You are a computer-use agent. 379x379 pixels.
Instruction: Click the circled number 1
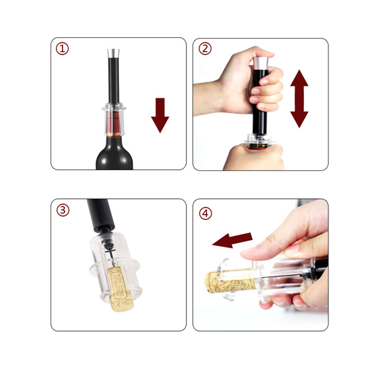[x=63, y=49]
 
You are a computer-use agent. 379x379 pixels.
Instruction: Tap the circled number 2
[x=205, y=49]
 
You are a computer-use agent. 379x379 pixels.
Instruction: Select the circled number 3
[x=63, y=210]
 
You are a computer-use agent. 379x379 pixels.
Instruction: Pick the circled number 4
[x=205, y=213]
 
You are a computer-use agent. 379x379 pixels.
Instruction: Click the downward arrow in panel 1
[x=160, y=115]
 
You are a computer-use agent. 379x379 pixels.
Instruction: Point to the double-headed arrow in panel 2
[x=299, y=99]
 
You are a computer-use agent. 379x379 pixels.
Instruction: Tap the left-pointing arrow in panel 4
[x=232, y=240]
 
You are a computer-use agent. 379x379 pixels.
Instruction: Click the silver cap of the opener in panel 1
[x=113, y=53]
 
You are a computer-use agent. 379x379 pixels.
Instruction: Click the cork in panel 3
[x=120, y=288]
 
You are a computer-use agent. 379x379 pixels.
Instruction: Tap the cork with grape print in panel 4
[x=229, y=282]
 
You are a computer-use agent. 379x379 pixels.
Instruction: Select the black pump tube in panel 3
[x=100, y=214]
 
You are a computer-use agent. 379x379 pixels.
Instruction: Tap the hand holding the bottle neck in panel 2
[x=253, y=158]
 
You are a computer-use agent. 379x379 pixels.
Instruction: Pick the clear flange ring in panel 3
[x=115, y=269]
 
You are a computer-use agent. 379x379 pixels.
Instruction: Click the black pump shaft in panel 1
[x=114, y=80]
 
